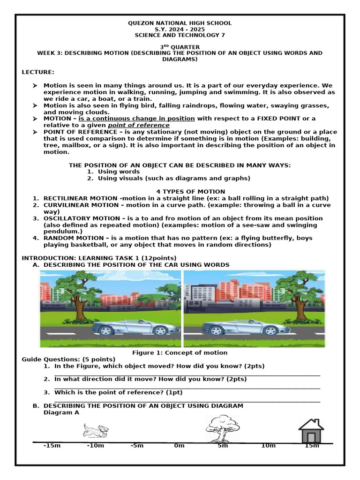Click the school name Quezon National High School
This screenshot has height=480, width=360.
pos(180,23)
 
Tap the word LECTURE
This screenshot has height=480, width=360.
pos(38,72)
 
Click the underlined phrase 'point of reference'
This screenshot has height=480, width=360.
pos(139,125)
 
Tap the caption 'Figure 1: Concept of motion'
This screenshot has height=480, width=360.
pos(180,352)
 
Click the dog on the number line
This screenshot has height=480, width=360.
pos(96,429)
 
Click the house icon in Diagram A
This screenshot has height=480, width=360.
pos(311,431)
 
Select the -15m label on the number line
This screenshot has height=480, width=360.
pos(52,445)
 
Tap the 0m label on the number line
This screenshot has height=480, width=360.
pos(179,445)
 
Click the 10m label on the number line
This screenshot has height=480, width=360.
pos(268,445)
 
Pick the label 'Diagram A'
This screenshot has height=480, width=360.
pos(61,412)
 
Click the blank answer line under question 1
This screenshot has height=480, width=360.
pos(187,375)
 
